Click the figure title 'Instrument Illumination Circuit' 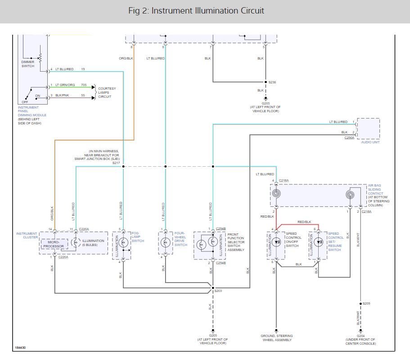tap(207, 11)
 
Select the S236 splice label tap(272, 82)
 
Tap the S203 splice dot tap(213, 288)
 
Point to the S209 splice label tap(366, 303)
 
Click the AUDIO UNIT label tap(370, 142)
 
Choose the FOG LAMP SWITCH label tap(138, 237)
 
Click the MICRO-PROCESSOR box tap(54, 244)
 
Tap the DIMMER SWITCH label tap(28, 64)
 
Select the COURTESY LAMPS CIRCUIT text tap(107, 93)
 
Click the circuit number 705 tap(84, 85)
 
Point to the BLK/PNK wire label tap(62, 96)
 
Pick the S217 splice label tap(116, 163)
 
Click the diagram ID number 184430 tap(20, 348)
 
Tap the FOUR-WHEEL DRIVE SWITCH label tap(180, 239)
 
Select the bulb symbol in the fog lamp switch tap(123, 243)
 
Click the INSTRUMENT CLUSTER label tap(27, 235)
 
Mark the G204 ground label tap(360, 336)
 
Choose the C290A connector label tap(349, 138)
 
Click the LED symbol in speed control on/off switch tap(276, 242)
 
